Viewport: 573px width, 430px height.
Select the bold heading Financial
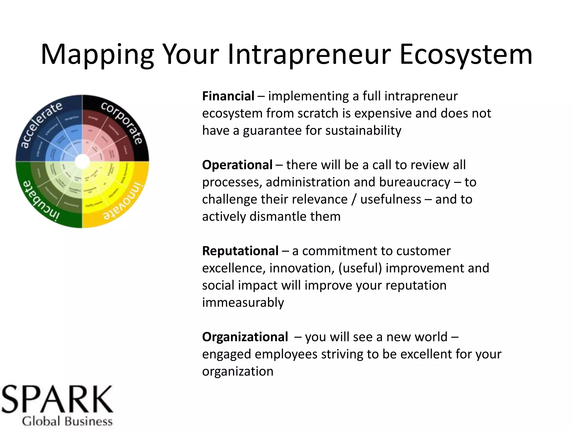[228, 96]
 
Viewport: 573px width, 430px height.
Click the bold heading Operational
[237, 165]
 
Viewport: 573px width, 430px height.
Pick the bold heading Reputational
[240, 251]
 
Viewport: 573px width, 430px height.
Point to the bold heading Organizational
[245, 337]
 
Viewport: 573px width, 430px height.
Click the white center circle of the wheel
[82, 162]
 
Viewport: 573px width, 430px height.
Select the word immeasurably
[243, 303]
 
